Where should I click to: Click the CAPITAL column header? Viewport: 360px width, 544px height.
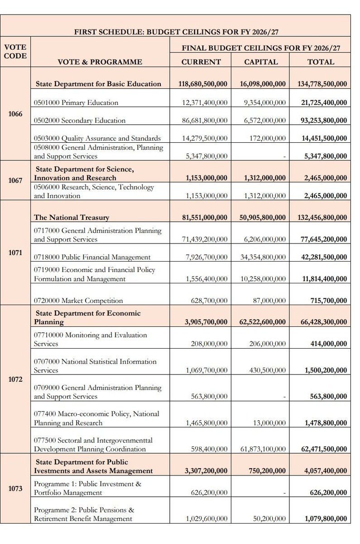pyautogui.click(x=261, y=62)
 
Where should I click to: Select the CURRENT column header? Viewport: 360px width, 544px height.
pyautogui.click(x=201, y=62)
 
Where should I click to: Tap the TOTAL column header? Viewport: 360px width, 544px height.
pyautogui.click(x=321, y=62)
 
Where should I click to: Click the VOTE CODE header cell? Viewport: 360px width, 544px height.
pyautogui.click(x=15, y=51)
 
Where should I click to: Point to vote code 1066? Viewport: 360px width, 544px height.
pyautogui.click(x=16, y=114)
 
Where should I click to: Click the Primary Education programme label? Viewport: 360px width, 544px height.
pyautogui.click(x=76, y=102)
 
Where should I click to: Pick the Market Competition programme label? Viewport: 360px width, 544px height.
pyautogui.click(x=78, y=300)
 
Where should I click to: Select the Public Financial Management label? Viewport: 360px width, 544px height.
pyautogui.click(x=92, y=257)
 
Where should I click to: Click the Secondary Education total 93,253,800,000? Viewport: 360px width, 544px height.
pyautogui.click(x=324, y=121)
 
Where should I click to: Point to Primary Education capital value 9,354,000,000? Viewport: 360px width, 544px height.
pyautogui.click(x=264, y=103)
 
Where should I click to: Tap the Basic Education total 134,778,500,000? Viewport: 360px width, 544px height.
pyautogui.click(x=322, y=84)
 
